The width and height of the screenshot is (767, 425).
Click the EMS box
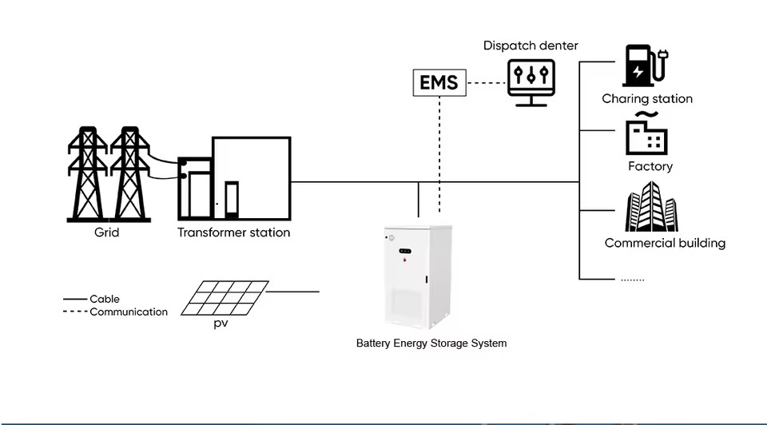point(439,82)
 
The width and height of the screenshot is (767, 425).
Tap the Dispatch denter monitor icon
point(531,82)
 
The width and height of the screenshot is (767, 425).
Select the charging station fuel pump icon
point(645,66)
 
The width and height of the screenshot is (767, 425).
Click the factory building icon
point(646,133)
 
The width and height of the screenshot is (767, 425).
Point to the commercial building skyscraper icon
point(651,206)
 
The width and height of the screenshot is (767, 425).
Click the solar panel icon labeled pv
point(225,298)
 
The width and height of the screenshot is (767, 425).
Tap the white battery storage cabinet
point(418,277)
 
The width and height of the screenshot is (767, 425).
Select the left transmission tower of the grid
point(88,174)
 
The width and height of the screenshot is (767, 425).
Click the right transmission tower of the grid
point(129,174)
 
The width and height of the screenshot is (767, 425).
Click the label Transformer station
point(233,232)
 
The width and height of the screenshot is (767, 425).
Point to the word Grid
point(106,232)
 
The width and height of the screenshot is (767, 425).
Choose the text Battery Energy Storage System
point(431,344)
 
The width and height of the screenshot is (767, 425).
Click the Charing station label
point(647,99)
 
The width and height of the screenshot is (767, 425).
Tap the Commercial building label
point(665,243)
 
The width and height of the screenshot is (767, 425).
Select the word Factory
point(650,166)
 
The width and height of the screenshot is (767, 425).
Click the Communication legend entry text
point(129,312)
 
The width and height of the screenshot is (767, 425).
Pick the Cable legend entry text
point(104,299)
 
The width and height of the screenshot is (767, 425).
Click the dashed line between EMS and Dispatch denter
point(487,82)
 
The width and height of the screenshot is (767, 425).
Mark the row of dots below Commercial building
point(633,280)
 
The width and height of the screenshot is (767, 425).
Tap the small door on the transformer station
point(232,199)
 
